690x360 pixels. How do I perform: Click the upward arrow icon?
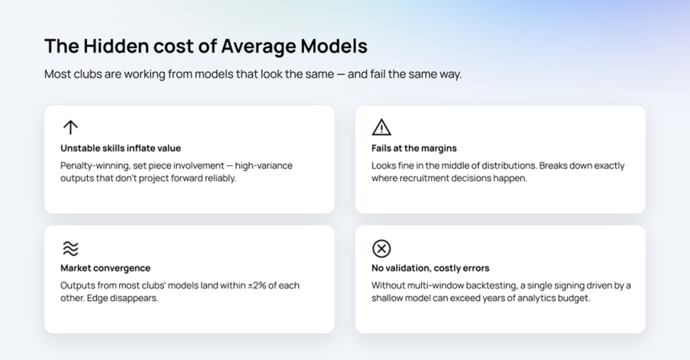(x=70, y=127)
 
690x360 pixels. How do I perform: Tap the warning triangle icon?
(x=381, y=128)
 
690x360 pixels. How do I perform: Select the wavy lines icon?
(x=70, y=249)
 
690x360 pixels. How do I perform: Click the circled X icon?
(x=381, y=249)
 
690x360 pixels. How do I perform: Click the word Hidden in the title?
(x=116, y=47)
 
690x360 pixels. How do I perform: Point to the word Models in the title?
(x=334, y=47)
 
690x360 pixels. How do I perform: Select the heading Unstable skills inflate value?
(x=121, y=148)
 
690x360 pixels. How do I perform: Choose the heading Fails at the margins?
(x=414, y=148)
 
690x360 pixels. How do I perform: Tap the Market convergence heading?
(x=106, y=268)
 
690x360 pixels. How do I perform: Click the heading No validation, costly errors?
(x=431, y=268)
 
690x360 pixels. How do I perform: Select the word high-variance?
(x=263, y=166)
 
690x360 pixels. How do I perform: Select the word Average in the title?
(x=259, y=47)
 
